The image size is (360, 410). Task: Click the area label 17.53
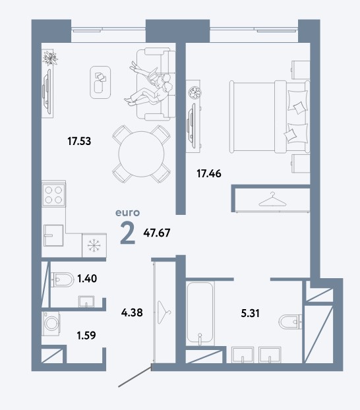(79, 141)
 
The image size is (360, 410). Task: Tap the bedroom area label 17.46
(209, 173)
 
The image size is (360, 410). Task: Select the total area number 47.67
(157, 233)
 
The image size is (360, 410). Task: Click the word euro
(128, 213)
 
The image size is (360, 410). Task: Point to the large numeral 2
(128, 233)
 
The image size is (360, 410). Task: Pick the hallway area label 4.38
(132, 312)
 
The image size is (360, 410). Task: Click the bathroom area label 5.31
(250, 313)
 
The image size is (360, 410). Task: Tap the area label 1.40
(87, 278)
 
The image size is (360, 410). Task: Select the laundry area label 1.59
(86, 336)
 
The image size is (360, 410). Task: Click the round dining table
(141, 154)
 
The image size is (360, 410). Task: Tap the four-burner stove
(53, 194)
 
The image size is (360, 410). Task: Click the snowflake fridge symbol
(94, 246)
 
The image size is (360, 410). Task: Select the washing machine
(51, 323)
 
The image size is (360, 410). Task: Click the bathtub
(200, 313)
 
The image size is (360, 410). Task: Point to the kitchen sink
(53, 235)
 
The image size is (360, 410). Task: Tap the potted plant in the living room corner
(50, 57)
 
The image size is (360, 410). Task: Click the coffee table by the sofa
(100, 82)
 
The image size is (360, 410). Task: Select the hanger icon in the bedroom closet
(272, 200)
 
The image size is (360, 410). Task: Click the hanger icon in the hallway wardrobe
(164, 312)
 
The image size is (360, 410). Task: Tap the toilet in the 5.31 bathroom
(290, 322)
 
